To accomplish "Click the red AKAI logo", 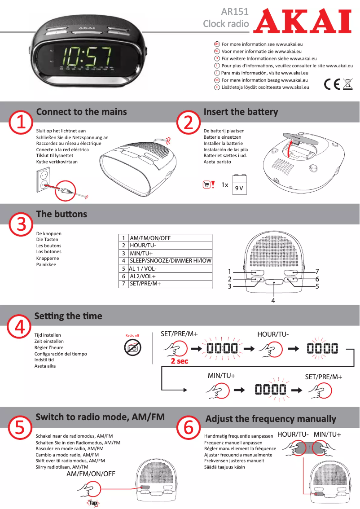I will pyautogui.click(x=302, y=21).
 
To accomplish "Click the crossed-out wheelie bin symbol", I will pyautogui.click(x=347, y=84).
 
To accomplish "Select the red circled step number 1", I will pyautogui.click(x=21, y=123).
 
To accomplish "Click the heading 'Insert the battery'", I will pyautogui.click(x=241, y=112).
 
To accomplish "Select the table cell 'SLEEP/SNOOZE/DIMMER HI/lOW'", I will pyautogui.click(x=170, y=260).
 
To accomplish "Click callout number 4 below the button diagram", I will pyautogui.click(x=272, y=300).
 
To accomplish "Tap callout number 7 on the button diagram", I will pyautogui.click(x=317, y=272).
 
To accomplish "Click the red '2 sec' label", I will pyautogui.click(x=179, y=361).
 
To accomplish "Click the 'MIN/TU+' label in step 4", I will pyautogui.click(x=221, y=375).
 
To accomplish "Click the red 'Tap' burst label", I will pyautogui.click(x=93, y=503).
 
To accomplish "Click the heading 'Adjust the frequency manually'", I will pyautogui.click(x=271, y=419).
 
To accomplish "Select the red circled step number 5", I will pyautogui.click(x=20, y=427).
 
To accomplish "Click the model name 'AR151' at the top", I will pyautogui.click(x=235, y=12).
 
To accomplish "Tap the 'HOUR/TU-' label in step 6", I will pyautogui.click(x=292, y=434).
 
